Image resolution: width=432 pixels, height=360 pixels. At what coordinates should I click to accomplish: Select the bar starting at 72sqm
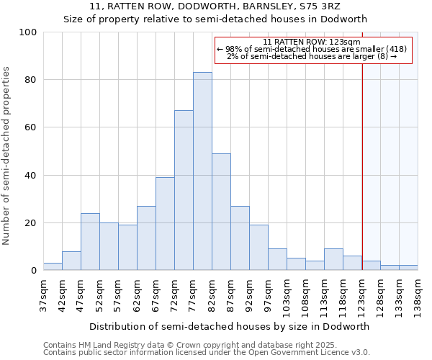point(184,190)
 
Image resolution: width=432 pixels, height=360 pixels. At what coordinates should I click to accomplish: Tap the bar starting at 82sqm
point(221,212)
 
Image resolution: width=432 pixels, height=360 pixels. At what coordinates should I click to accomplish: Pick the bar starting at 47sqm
point(90,242)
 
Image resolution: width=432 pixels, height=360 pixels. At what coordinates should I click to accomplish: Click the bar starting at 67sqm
point(165,224)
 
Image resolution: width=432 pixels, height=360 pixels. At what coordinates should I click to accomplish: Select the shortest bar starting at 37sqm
point(53,266)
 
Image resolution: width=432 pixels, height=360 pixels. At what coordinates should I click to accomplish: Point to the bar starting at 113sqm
point(333,259)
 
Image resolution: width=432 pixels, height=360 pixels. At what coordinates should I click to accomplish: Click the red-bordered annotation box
point(312,49)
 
